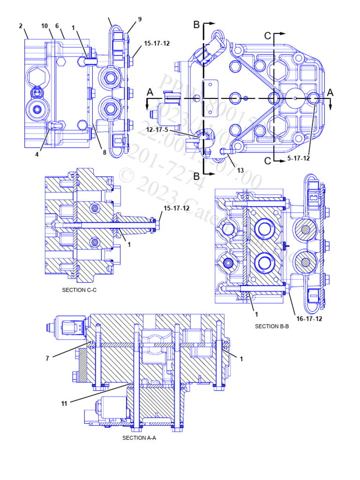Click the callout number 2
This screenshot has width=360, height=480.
click(x=21, y=26)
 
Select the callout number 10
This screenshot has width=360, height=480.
click(x=44, y=26)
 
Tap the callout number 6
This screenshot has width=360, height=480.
click(x=57, y=26)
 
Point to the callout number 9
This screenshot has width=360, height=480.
click(x=140, y=19)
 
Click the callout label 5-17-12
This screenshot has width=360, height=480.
click(x=299, y=158)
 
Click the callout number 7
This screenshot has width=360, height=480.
click(x=47, y=358)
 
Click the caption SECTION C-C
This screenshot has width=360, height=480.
click(x=79, y=290)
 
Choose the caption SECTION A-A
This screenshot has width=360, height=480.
click(x=139, y=438)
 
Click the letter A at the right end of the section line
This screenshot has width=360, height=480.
click(x=330, y=93)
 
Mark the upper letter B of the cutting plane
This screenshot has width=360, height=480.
click(x=197, y=23)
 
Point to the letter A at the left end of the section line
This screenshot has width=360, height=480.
click(x=150, y=93)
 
